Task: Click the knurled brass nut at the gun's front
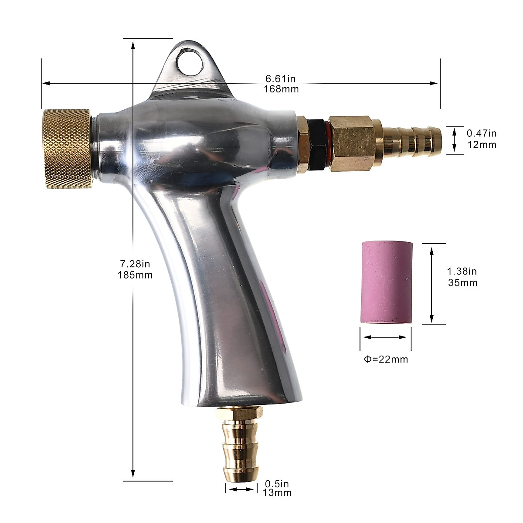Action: point(67,149)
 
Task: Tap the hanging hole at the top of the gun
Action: point(190,62)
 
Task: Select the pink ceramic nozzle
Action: point(386,282)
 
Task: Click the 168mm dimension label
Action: point(281,89)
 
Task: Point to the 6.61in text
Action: point(280,79)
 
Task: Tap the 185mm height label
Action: point(135,275)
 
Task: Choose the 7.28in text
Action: point(135,264)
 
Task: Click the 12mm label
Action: point(482,145)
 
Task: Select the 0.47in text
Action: point(482,133)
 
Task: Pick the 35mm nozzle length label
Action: point(463,282)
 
